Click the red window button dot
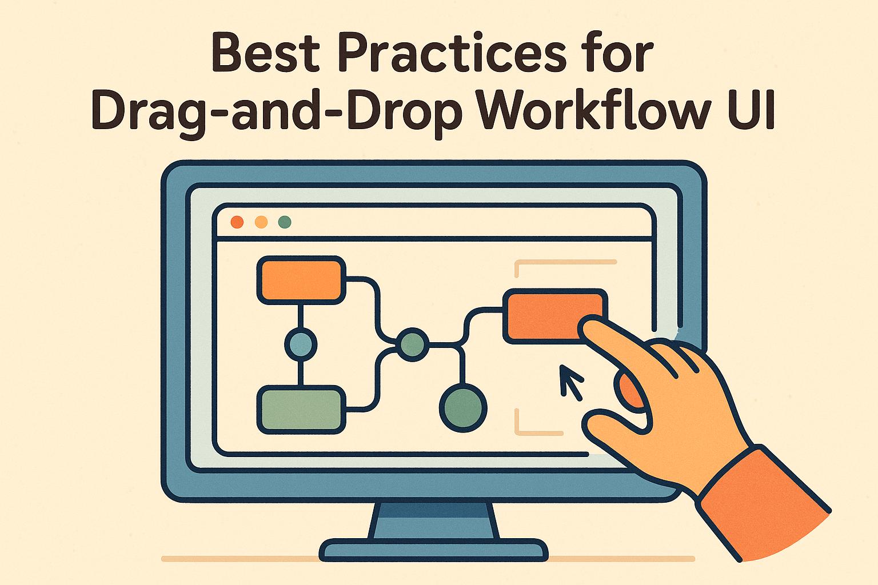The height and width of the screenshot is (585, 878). [x=237, y=222]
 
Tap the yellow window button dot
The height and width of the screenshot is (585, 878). [x=261, y=222]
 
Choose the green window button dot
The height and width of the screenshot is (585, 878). [x=284, y=222]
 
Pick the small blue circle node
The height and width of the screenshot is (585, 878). [x=300, y=344]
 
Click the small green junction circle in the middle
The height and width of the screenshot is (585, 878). [x=412, y=344]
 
